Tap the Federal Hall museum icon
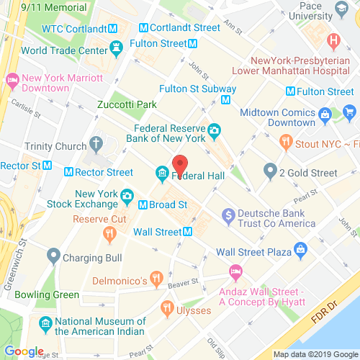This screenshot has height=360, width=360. [162, 175]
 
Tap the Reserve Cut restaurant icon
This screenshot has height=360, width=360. [109, 232]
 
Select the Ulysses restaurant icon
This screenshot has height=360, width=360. [168, 310]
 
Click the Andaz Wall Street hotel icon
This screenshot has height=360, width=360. [235, 271]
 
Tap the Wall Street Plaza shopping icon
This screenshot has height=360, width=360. [300, 251]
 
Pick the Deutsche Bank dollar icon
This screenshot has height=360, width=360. [228, 214]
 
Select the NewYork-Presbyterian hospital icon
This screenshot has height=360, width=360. [333, 40]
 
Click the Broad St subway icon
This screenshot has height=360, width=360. [143, 204]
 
